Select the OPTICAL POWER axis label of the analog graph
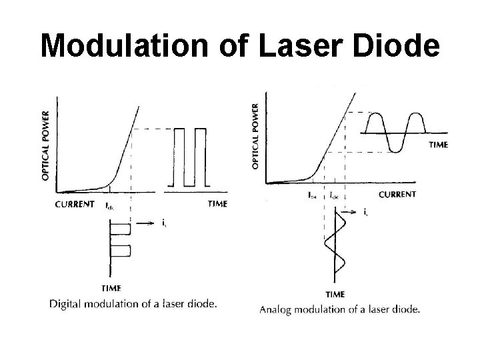coord(257,135)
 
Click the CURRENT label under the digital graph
coord(75,204)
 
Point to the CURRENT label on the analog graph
coord(397,194)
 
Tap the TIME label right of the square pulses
coord(217,204)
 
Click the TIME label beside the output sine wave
coord(437,144)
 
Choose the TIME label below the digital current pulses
coord(111,288)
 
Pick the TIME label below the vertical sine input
coord(335,294)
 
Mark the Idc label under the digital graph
coord(112,205)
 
